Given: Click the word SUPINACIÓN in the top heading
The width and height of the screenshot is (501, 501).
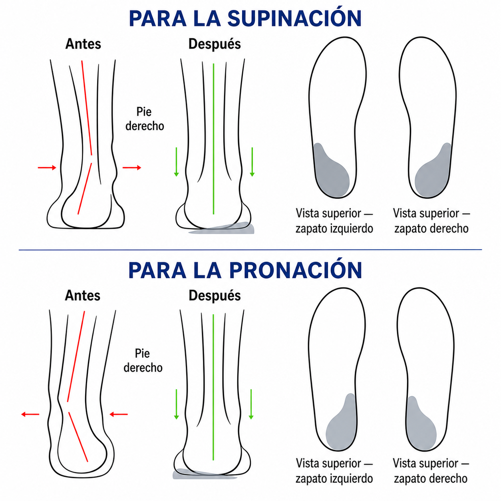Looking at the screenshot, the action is pyautogui.click(x=294, y=18).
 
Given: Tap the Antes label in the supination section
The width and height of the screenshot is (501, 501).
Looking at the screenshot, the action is pyautogui.click(x=83, y=44).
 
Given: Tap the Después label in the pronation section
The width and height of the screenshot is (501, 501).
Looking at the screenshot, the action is pyautogui.click(x=215, y=295).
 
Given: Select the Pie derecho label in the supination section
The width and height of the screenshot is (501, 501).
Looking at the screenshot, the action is pyautogui.click(x=145, y=119).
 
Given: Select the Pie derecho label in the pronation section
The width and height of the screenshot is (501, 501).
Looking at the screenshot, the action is pyautogui.click(x=143, y=360).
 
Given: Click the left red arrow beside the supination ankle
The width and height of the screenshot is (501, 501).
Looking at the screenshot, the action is pyautogui.click(x=47, y=167).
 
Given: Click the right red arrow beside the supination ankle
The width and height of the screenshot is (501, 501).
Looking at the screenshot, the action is pyautogui.click(x=132, y=167).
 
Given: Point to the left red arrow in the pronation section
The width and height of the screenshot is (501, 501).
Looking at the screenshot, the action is pyautogui.click(x=30, y=414).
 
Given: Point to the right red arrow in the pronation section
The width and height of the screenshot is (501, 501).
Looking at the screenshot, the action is pyautogui.click(x=119, y=414).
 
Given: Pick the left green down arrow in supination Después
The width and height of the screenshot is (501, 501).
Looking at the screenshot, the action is pyautogui.click(x=176, y=162).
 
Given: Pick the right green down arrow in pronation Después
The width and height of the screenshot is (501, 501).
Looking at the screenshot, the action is pyautogui.click(x=251, y=404).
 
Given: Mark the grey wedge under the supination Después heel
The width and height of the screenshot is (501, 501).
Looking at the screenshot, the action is pyautogui.click(x=221, y=228).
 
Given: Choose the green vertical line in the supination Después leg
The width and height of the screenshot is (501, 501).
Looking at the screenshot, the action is pyautogui.click(x=213, y=139).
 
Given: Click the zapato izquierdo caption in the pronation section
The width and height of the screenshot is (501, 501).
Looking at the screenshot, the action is pyautogui.click(x=334, y=478).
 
